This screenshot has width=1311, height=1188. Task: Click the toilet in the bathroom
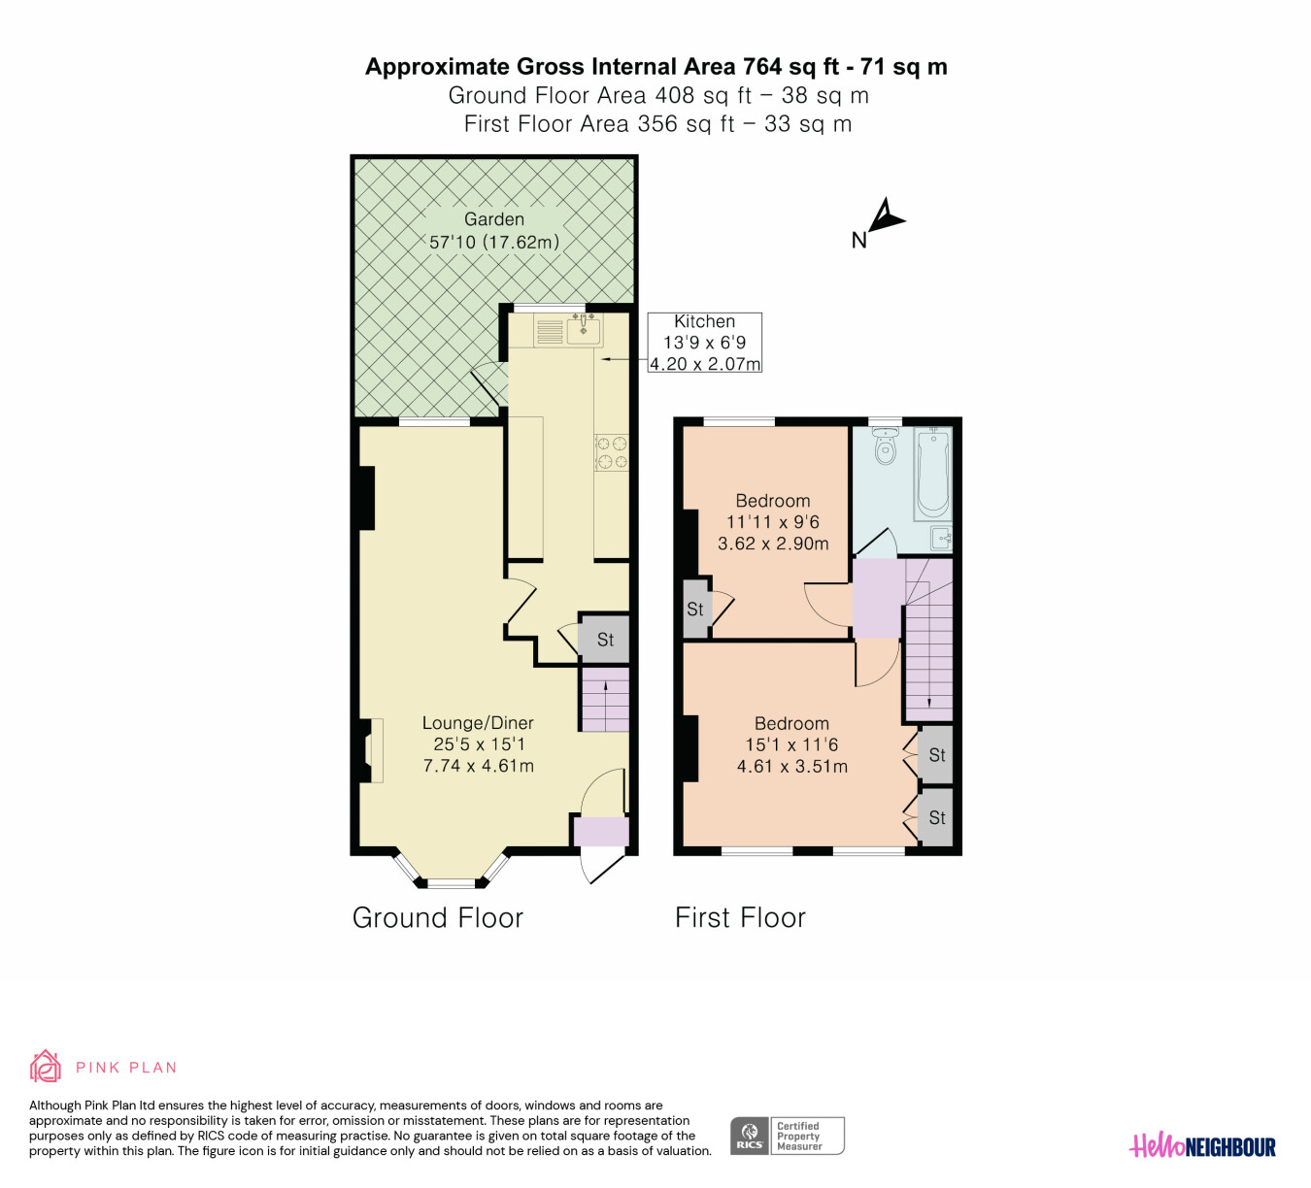[885, 445]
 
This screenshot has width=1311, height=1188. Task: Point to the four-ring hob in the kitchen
[611, 453]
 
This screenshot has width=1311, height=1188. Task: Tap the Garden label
[494, 219]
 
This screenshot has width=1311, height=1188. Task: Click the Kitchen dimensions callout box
[704, 343]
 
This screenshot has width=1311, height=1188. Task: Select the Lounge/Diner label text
[478, 723]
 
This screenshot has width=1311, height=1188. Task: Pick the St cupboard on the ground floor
[605, 639]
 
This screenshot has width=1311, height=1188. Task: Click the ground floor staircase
[605, 699]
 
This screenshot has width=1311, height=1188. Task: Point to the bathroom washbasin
[941, 539]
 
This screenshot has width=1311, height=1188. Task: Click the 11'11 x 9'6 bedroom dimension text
[772, 522]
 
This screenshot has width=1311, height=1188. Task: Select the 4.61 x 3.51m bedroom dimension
[792, 766]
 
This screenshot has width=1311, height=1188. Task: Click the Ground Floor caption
[438, 917]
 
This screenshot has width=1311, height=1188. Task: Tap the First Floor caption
[740, 917]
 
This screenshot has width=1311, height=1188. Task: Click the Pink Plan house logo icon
[45, 1067]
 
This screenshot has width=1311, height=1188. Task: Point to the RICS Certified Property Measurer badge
[787, 1136]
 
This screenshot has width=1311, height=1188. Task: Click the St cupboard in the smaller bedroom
[695, 609]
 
